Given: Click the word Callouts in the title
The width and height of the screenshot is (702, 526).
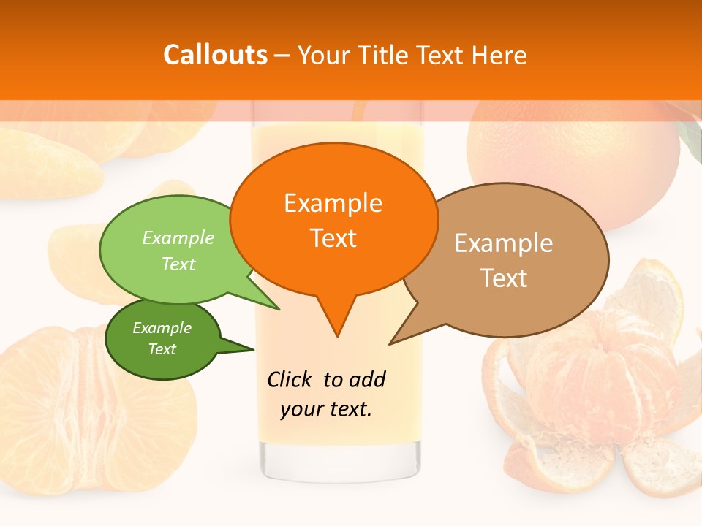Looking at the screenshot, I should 215,55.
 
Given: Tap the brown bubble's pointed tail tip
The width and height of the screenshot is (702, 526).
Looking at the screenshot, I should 392,343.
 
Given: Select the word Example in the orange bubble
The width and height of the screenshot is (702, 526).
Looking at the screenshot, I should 333,202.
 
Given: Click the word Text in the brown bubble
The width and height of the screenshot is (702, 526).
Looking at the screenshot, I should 504,278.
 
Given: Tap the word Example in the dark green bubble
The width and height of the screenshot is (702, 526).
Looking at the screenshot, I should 162,328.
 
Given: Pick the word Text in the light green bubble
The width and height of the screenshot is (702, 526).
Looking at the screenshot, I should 178,264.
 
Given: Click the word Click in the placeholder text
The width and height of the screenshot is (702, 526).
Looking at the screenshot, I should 290,379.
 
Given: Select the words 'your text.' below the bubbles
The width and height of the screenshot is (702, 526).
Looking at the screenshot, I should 326,409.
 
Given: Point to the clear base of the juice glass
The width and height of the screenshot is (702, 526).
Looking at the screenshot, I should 341,460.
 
